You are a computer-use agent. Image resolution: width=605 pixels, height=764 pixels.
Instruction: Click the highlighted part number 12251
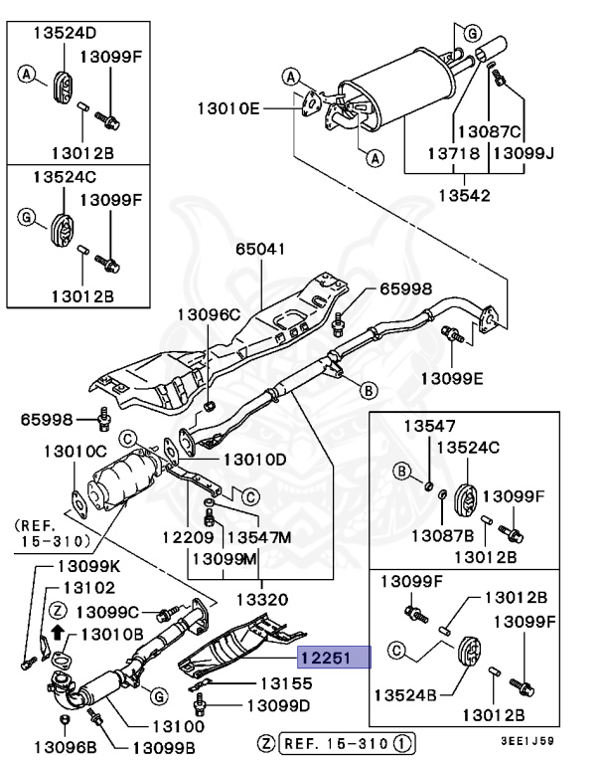pos(331,657)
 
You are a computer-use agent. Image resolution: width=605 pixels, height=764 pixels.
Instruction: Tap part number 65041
pos(260,249)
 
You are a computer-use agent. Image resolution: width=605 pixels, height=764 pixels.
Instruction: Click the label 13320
pos(262,600)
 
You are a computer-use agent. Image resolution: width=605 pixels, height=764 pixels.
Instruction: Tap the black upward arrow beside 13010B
pos(59,632)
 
